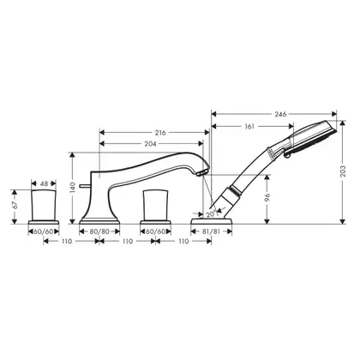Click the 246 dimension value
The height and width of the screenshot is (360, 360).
point(280,114)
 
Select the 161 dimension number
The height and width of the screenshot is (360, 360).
point(249,126)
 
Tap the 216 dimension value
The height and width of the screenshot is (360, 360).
point(160,133)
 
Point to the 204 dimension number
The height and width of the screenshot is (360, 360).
point(150,144)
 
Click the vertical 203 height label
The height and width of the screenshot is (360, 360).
point(343,171)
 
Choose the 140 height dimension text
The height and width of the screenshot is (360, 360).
point(73,188)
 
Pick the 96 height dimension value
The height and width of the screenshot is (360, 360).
point(267,197)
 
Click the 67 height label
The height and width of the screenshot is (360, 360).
point(15,205)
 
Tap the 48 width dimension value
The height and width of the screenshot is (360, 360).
point(44,183)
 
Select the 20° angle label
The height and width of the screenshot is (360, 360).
point(212,214)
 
